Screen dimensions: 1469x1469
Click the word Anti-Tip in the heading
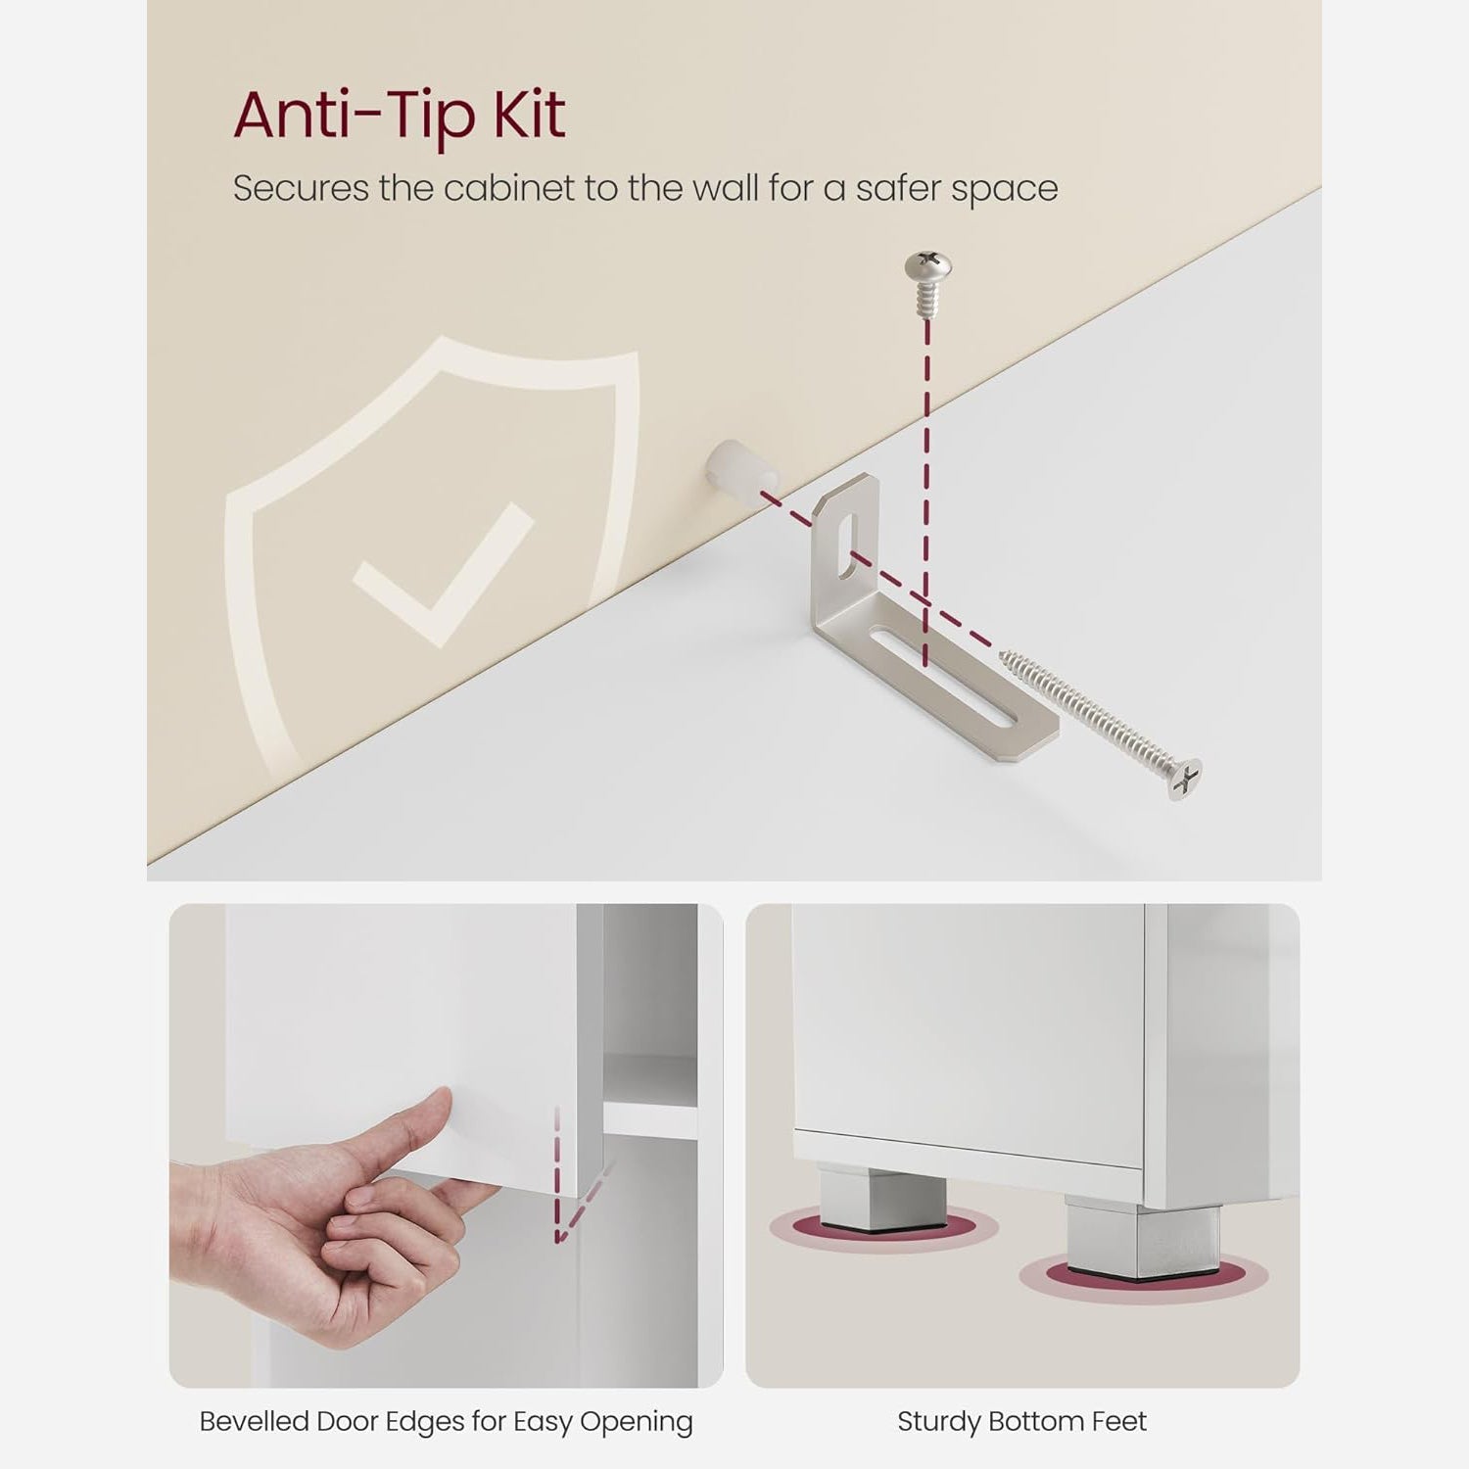[355, 115]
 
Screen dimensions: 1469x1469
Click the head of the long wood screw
[1185, 781]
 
